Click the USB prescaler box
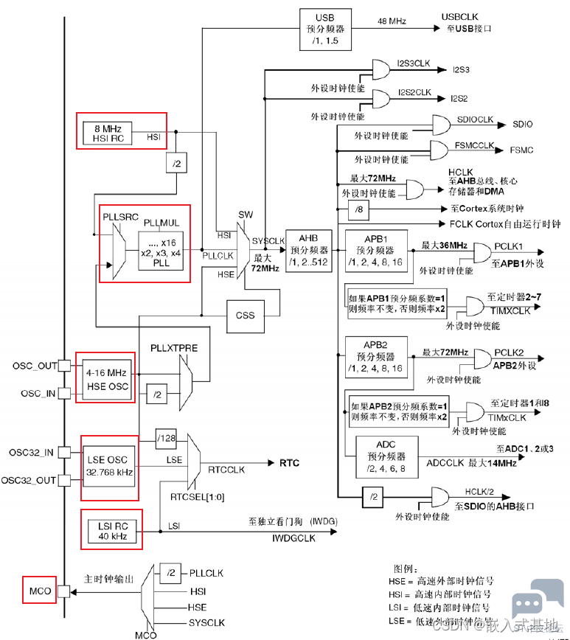tap(324, 29)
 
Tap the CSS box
tap(245, 315)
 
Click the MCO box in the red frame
tap(37, 591)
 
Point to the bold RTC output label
tap(289, 463)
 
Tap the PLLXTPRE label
tap(174, 347)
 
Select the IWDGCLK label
tap(293, 538)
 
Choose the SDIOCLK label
tap(476, 119)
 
